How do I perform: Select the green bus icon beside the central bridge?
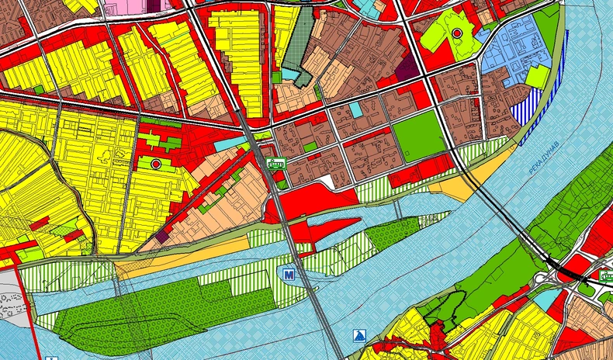pos(275,163)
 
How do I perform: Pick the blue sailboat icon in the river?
pos(358,335)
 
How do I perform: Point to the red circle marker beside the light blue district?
pos(456,33)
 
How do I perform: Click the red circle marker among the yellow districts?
pos(157,164)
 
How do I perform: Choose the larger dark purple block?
pos(407,68)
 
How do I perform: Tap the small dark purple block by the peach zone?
pos(162,235)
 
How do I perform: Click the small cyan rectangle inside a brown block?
pos(355,109)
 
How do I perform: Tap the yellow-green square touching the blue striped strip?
pos(535,76)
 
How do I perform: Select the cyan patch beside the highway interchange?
pos(548,297)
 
